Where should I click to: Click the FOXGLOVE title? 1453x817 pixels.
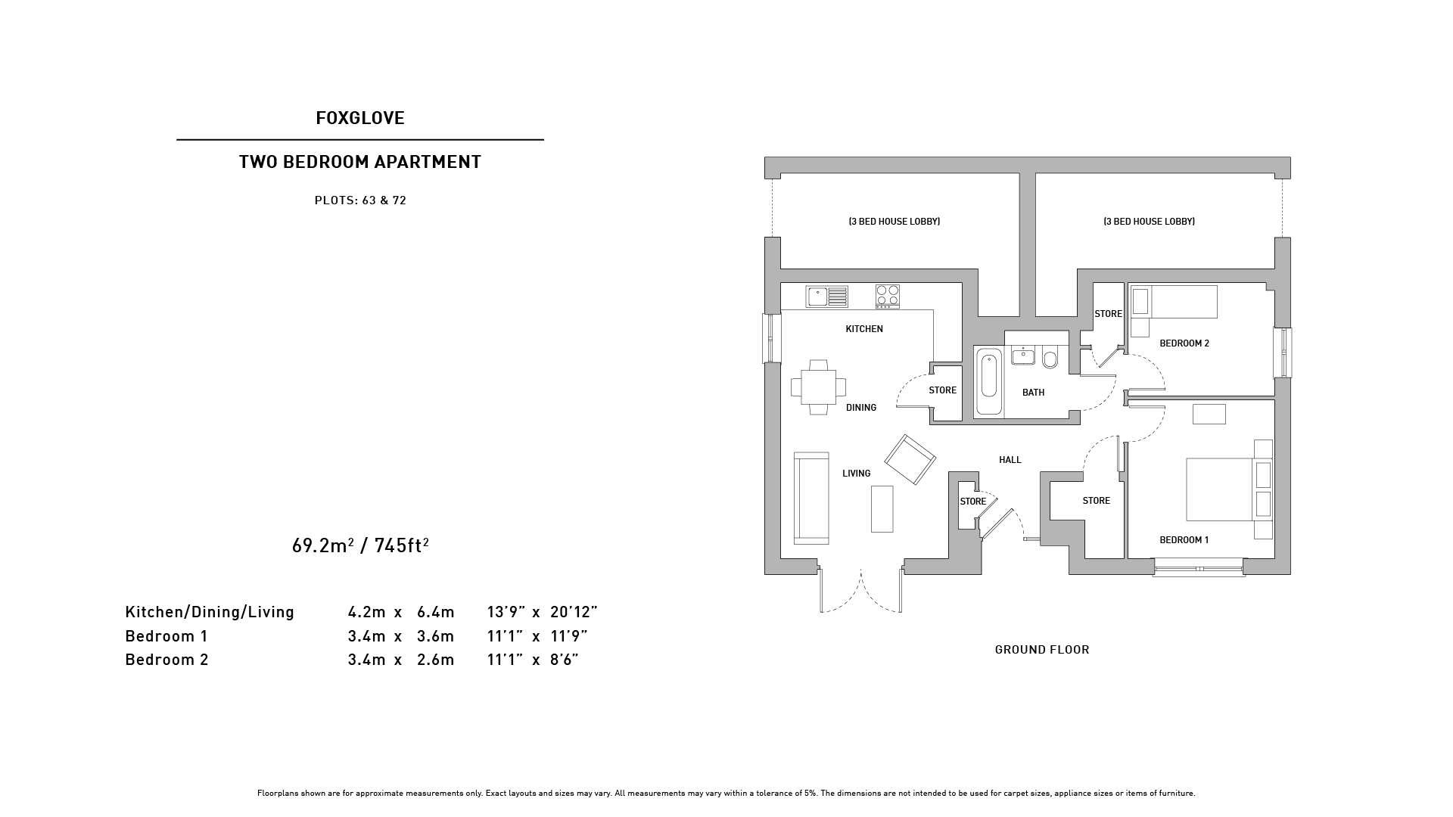[x=360, y=118]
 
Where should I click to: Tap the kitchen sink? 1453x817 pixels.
[x=827, y=296]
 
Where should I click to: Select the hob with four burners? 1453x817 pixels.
[x=888, y=296]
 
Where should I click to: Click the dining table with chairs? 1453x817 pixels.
[x=819, y=387]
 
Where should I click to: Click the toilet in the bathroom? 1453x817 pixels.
[x=1050, y=357]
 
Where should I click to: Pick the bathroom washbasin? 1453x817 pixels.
[x=1023, y=356]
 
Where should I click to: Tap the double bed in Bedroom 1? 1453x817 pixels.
[x=1227, y=489]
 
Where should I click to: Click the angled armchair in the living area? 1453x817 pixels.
[x=910, y=459]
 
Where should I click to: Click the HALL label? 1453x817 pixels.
[x=1010, y=460]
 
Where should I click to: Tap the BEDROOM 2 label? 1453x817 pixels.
[x=1184, y=343]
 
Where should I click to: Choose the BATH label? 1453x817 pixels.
[x=1033, y=393]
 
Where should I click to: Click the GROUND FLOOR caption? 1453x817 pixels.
[x=1042, y=650]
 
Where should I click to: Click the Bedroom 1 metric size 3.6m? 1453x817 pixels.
[x=436, y=636]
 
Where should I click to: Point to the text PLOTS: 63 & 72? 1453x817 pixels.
[x=360, y=200]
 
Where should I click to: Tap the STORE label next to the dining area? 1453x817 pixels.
[x=943, y=390]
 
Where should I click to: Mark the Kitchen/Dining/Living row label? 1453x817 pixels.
[x=210, y=612]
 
